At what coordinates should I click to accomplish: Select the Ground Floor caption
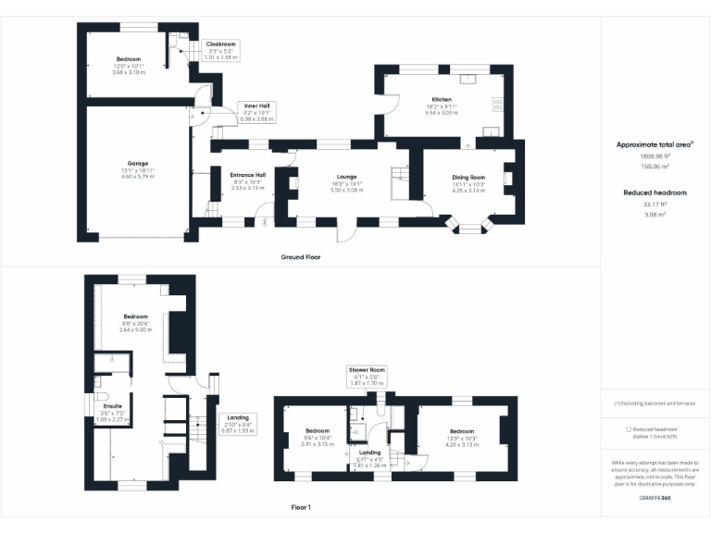coord(300,256)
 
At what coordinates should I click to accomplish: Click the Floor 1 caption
coord(300,507)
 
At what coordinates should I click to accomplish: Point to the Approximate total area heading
coord(655,145)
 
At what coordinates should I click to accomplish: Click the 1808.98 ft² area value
coord(655,156)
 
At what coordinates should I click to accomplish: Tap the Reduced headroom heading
coord(655,192)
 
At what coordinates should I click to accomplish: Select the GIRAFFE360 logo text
coord(655,500)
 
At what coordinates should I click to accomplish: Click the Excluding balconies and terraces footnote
coord(655,403)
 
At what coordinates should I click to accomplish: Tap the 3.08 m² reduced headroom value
coord(655,214)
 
